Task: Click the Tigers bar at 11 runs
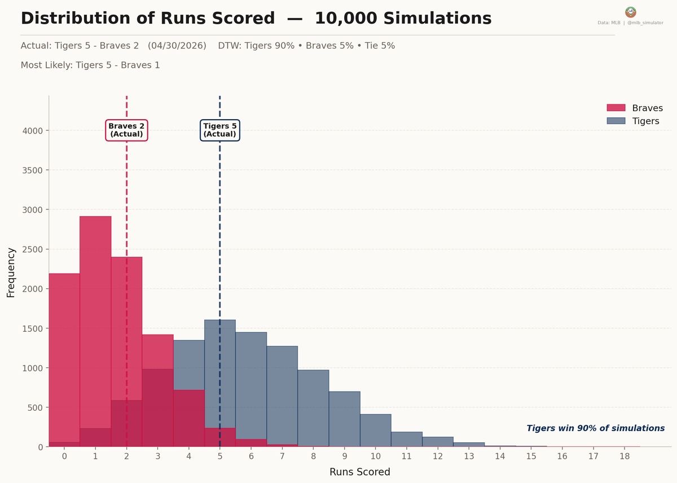(x=407, y=440)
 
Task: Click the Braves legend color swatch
(x=616, y=108)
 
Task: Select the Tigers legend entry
(x=645, y=121)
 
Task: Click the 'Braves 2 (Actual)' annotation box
(x=126, y=130)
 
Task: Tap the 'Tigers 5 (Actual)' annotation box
(x=220, y=130)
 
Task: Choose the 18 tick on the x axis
(x=623, y=456)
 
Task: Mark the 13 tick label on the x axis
(x=469, y=456)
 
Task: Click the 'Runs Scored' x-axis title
(x=359, y=472)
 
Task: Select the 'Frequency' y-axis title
(x=11, y=272)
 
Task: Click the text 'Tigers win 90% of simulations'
(x=595, y=428)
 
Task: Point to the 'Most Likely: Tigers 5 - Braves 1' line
(x=90, y=65)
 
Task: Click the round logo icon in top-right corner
(x=630, y=12)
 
